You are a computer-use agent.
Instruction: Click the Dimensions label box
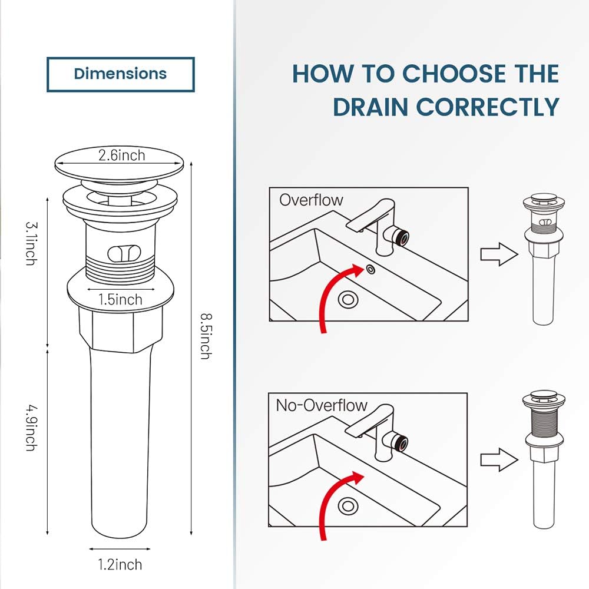click(121, 74)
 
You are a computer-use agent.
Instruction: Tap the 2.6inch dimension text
click(121, 155)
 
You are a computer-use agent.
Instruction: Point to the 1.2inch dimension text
click(120, 565)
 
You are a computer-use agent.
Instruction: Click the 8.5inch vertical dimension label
click(204, 336)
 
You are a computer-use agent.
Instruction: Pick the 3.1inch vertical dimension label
click(31, 243)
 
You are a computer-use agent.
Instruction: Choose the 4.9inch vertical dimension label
click(31, 427)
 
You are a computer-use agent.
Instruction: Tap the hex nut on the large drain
click(120, 327)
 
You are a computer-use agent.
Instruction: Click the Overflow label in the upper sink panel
click(311, 200)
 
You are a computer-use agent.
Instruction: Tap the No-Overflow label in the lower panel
click(322, 405)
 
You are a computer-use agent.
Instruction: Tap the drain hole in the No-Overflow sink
click(348, 505)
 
